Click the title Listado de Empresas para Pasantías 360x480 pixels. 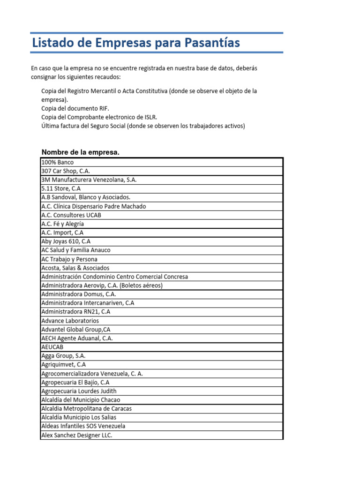[x=135, y=43]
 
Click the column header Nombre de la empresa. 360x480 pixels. [x=81, y=152]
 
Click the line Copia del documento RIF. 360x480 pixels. [x=75, y=108]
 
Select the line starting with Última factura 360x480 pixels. [x=143, y=126]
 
